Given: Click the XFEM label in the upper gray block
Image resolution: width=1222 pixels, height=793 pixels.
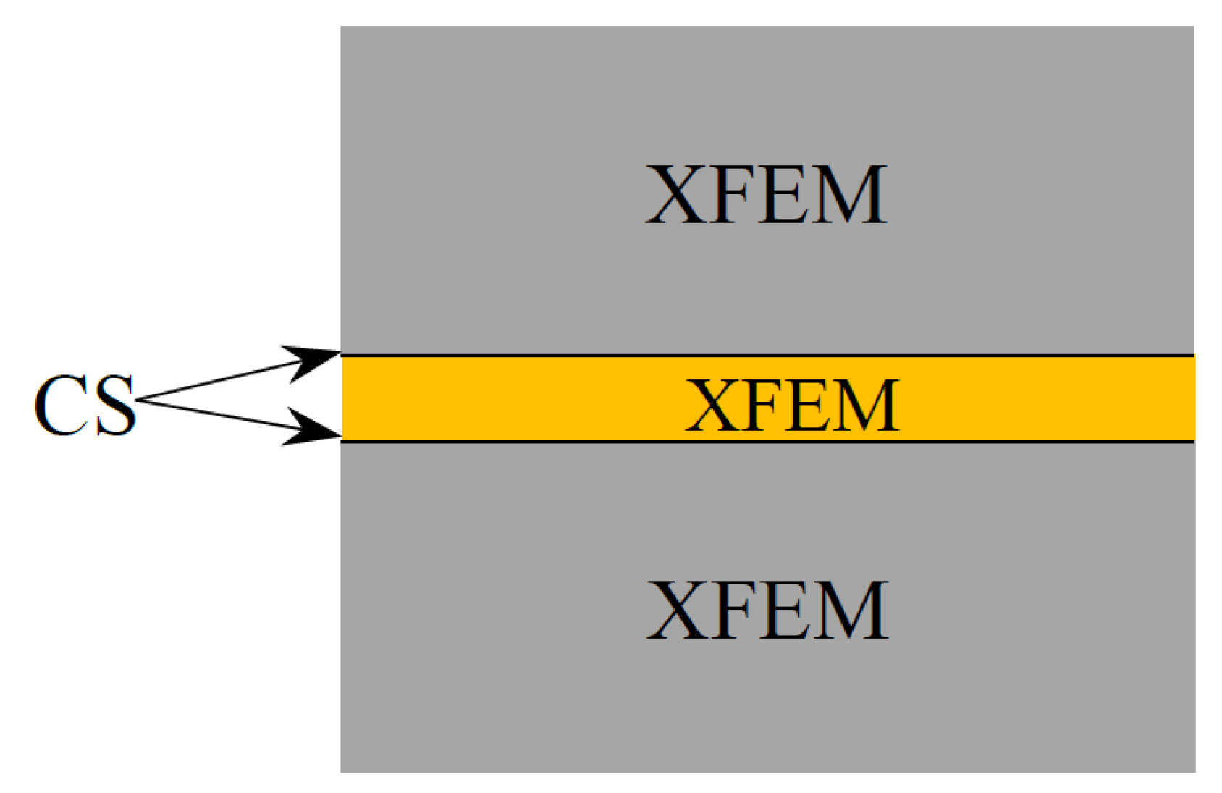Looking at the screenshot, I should tap(766, 194).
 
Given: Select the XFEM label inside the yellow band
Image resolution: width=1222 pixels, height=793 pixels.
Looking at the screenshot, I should tap(792, 406).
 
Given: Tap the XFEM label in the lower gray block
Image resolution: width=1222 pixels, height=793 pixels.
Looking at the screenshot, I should tap(767, 610).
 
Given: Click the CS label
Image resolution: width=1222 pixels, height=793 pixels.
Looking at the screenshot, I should tap(85, 406).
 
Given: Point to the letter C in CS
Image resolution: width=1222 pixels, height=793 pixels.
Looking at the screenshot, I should tap(60, 406).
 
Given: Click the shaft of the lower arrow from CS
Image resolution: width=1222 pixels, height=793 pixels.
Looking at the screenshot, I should tap(217, 415).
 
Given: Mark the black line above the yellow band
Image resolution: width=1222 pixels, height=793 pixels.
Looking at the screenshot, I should tap(767, 356).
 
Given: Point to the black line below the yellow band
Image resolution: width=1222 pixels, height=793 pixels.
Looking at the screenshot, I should tap(767, 441).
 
